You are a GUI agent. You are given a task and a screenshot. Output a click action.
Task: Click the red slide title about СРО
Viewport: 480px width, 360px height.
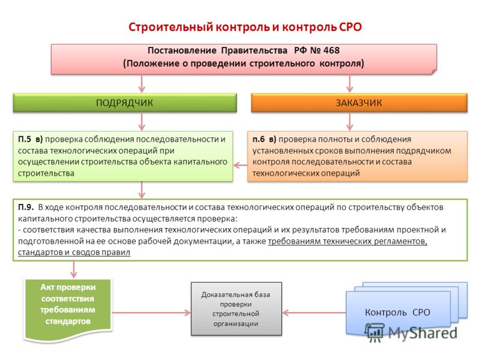point(245,27)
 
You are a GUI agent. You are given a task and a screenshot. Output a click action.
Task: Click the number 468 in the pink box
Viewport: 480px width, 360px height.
point(331,50)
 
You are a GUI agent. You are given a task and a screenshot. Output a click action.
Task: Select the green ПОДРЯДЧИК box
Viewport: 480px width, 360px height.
point(125,103)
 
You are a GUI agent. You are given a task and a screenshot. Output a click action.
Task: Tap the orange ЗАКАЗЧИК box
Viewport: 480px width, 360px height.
point(359,103)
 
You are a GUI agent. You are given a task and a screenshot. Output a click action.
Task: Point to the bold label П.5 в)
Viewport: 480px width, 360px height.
point(30,139)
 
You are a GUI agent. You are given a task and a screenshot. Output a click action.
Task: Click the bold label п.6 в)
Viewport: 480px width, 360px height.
point(264,139)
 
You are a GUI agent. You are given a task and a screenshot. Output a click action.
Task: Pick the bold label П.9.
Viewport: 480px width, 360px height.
point(26,207)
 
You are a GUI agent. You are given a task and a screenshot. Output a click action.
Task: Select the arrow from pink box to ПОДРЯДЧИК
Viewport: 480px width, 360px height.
point(142,83)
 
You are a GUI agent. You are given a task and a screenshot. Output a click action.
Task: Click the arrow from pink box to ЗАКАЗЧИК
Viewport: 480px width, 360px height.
point(350,83)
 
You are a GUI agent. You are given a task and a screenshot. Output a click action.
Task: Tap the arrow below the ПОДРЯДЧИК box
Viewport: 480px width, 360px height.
point(142,122)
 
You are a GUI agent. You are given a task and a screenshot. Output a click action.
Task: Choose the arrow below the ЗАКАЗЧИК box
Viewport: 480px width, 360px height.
point(350,122)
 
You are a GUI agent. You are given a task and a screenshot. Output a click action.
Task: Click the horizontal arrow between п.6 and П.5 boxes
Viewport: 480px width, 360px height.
point(241,166)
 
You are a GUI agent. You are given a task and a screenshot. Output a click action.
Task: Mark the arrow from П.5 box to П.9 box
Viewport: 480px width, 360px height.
point(142,190)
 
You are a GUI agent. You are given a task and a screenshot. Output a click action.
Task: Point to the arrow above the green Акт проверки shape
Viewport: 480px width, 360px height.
point(73,269)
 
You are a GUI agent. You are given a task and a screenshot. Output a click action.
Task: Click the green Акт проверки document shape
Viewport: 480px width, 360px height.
point(68,310)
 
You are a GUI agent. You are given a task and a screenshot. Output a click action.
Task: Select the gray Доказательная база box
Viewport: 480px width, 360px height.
point(236,309)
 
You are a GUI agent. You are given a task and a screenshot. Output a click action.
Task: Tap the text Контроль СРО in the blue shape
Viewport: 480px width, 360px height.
point(397,312)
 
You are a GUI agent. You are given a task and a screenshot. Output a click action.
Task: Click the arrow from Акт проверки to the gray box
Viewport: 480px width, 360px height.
point(151,313)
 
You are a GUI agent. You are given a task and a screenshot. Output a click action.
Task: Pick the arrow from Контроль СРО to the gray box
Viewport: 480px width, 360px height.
point(314,313)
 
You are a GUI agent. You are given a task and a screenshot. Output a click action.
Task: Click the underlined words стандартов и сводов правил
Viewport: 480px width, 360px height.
point(74,252)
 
